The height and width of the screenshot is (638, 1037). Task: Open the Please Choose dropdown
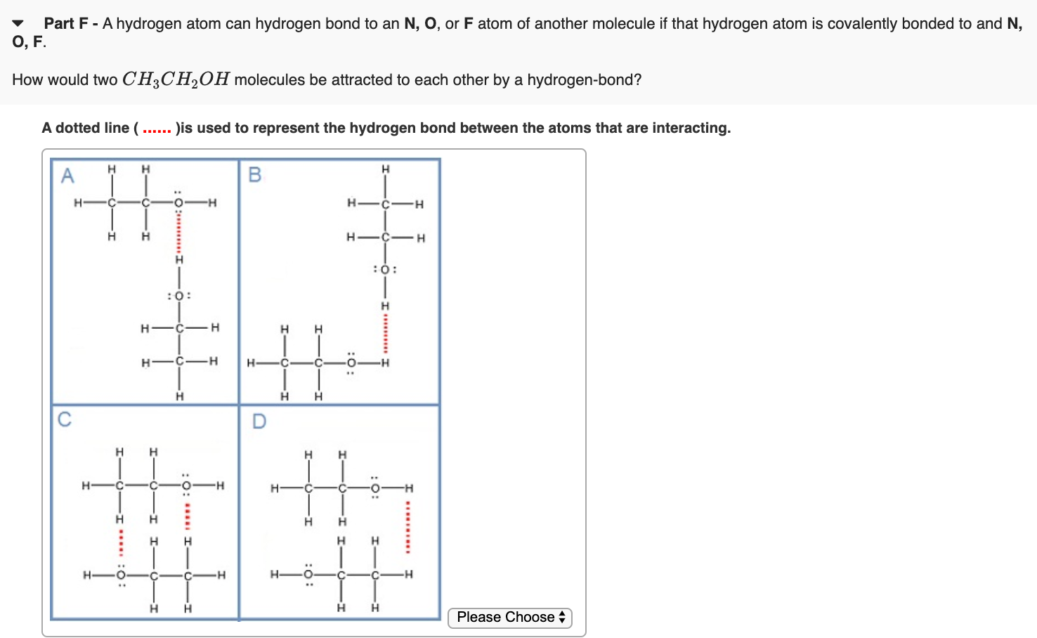[x=510, y=618]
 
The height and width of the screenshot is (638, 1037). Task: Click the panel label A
[x=67, y=175]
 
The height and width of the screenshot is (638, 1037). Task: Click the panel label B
[x=255, y=174]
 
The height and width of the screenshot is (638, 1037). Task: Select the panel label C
[x=65, y=419]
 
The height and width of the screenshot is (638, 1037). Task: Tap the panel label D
[x=259, y=421]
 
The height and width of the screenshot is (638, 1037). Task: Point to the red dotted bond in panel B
[x=384, y=334]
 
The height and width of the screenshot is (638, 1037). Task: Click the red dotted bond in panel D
[x=408, y=528]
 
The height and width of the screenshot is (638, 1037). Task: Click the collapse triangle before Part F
[x=18, y=23]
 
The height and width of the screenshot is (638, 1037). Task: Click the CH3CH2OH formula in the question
[x=176, y=79]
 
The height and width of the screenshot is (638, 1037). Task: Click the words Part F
[x=66, y=23]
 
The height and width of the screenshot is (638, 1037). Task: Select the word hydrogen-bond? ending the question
[x=584, y=79]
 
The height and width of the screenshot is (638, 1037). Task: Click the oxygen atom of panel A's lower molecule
[x=178, y=296]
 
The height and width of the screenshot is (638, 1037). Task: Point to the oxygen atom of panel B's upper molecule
[x=384, y=269]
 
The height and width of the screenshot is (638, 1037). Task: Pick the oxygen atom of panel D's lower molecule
[x=307, y=575]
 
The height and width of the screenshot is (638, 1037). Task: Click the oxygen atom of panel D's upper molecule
[x=375, y=488]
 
